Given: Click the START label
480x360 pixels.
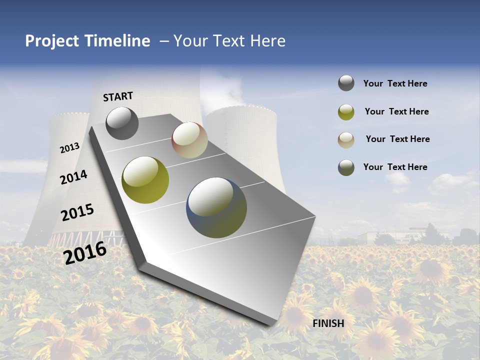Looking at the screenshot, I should (x=118, y=96).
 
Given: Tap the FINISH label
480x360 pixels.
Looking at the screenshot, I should (x=328, y=323).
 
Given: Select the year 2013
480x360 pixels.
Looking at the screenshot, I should (x=70, y=147).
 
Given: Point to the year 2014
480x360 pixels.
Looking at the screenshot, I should (x=74, y=177).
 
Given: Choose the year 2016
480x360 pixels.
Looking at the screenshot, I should (x=85, y=252).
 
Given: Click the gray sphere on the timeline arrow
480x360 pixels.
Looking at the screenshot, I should (x=122, y=123).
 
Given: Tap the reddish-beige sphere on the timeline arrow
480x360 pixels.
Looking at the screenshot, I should (x=189, y=140).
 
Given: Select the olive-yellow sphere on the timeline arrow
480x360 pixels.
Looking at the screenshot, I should (x=145, y=180).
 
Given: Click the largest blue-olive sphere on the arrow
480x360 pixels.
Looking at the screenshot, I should (x=216, y=207).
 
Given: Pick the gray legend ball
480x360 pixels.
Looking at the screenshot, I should (x=346, y=83).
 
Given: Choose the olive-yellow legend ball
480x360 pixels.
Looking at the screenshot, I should (x=346, y=112).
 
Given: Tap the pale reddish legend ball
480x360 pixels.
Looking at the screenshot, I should (x=346, y=139).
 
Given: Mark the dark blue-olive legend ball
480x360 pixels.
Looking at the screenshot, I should (x=346, y=167).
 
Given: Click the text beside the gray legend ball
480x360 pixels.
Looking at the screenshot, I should (x=395, y=83).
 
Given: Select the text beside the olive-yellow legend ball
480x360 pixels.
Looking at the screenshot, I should (x=396, y=111).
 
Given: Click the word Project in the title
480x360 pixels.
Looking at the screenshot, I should (x=52, y=41).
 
